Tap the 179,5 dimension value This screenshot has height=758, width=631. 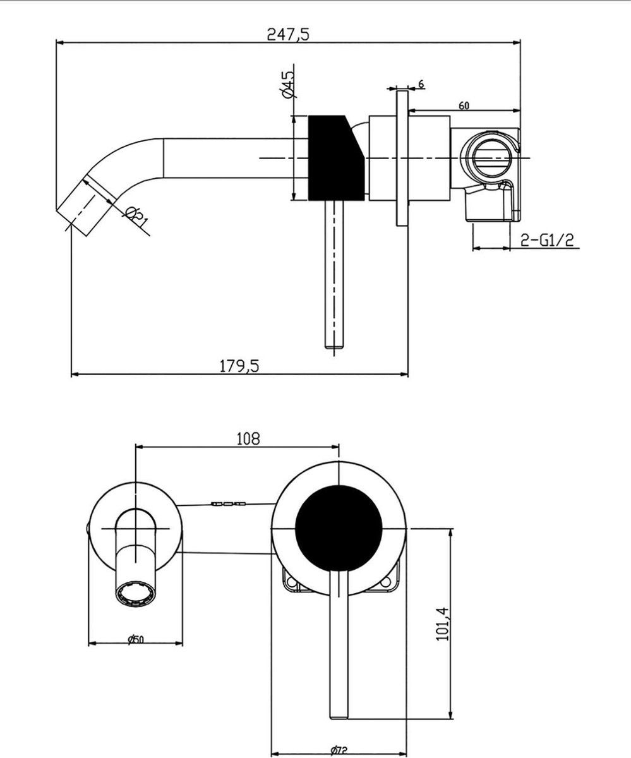coord(240,365)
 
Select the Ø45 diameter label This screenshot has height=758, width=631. coord(287,84)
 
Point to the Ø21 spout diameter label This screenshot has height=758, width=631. coord(135,217)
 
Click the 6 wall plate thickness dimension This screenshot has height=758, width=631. coord(421,84)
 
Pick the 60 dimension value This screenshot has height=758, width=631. coord(464,106)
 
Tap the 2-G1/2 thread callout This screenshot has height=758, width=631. coord(547,239)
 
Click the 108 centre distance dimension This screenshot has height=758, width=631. coord(248,438)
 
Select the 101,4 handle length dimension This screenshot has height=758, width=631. coord(442,624)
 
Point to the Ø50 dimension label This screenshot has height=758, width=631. coord(135,639)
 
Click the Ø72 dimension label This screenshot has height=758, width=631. coord(339,750)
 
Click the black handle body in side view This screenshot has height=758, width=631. coord(335,158)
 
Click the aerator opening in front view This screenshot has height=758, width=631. coord(135,594)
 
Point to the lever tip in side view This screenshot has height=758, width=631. coord(335,344)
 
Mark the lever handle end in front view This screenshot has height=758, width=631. coord(339,711)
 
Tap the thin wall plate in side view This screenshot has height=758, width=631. coord(402,158)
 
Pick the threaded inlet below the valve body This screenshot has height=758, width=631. coord(490,208)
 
